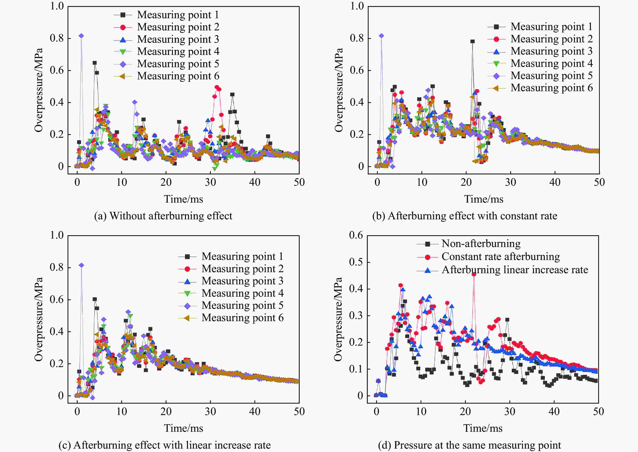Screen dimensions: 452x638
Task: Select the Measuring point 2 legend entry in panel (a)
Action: pyautogui.click(x=178, y=27)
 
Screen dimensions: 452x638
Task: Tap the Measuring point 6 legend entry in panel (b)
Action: pyautogui.click(x=551, y=88)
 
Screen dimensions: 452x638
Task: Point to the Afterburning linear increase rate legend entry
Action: pyautogui.click(x=515, y=270)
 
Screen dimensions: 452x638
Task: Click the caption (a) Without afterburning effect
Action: pyautogui.click(x=163, y=216)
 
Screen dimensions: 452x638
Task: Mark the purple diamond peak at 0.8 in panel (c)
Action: pyautogui.click(x=81, y=265)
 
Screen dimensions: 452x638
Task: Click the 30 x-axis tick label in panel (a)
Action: pyautogui.click(x=210, y=182)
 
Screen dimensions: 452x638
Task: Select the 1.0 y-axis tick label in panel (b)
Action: pyautogui.click(x=357, y=6)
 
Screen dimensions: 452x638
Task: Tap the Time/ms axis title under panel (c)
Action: pyautogui.click(x=183, y=428)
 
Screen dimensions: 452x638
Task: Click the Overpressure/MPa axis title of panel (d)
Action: pyautogui.click(x=338, y=319)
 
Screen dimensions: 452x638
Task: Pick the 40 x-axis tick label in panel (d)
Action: pyautogui.click(x=554, y=411)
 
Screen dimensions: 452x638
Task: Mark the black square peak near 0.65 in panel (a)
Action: pyautogui.click(x=95, y=63)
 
